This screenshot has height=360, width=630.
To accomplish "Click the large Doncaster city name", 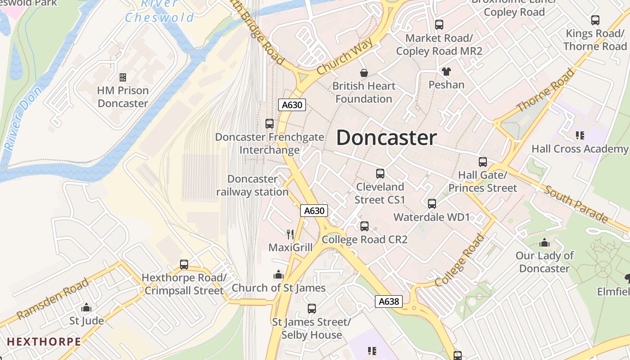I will coord(386,138).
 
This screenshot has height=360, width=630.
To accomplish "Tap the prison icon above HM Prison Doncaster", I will coord(123,77).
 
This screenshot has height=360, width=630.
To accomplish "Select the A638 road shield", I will coord(388,301).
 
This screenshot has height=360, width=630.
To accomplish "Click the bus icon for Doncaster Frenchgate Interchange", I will coord(270,123).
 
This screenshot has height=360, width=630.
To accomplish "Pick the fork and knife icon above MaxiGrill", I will coord(290,234).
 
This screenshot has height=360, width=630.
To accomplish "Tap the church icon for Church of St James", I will coord(279,274).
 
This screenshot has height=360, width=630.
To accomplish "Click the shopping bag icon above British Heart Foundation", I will coord(364,72).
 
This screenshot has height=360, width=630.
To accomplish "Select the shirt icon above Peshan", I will coord(446,71).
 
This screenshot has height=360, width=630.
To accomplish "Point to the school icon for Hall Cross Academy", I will coord(580,135).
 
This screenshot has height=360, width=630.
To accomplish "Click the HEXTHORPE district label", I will coord(44,342).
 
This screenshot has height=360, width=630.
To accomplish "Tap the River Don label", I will coord(24,118).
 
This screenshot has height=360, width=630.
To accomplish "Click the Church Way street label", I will coord(345,56).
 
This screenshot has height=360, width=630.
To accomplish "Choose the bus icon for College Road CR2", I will coord(364,226).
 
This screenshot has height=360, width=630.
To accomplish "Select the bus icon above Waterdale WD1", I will coord(432,203).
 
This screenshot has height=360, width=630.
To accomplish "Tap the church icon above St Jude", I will coord(86,307).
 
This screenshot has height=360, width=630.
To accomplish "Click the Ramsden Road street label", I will coord(53,299).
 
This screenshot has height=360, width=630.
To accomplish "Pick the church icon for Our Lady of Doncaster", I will coord(544,243).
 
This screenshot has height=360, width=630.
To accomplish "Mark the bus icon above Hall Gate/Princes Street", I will coord(483,162).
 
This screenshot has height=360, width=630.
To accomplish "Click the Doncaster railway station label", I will coord(252,185).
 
